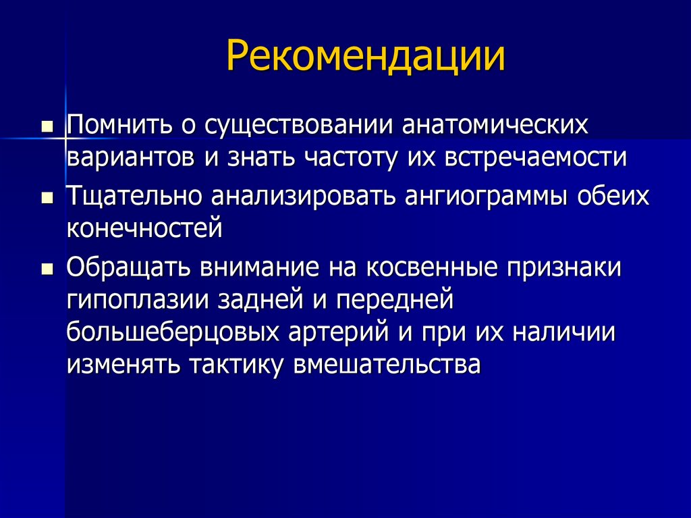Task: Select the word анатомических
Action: click(501, 125)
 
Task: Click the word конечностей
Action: click(144, 228)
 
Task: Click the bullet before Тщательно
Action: click(47, 197)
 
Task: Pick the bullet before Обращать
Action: click(47, 267)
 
